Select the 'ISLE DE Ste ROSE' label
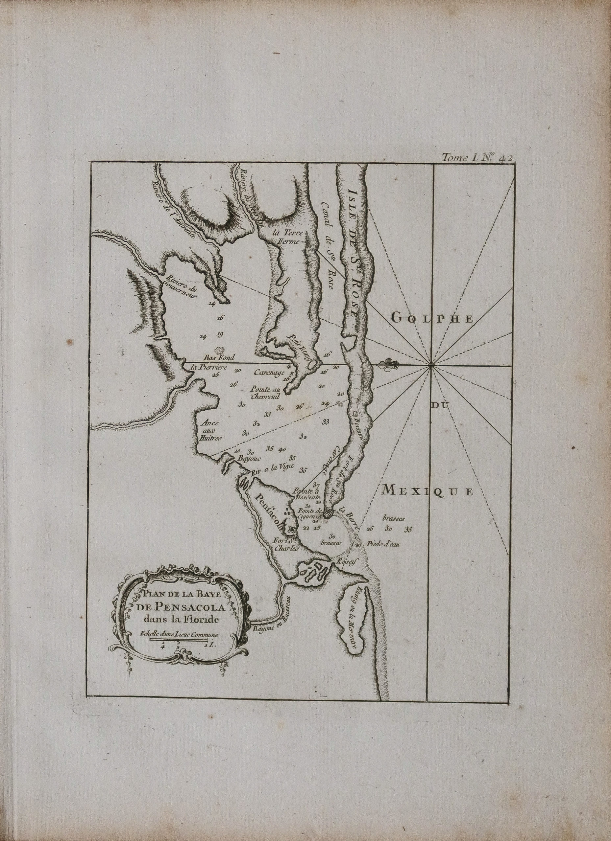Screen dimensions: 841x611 (354, 249)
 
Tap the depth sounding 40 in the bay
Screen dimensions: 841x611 (282, 450)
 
